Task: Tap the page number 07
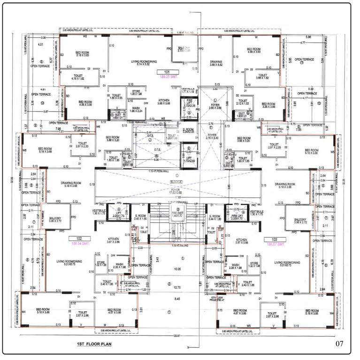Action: (x=341, y=344)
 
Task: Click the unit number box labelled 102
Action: (x=75, y=239)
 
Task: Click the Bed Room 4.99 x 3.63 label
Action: (x=253, y=51)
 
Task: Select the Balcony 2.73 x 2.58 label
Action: (x=184, y=48)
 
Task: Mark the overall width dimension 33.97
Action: (x=176, y=336)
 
